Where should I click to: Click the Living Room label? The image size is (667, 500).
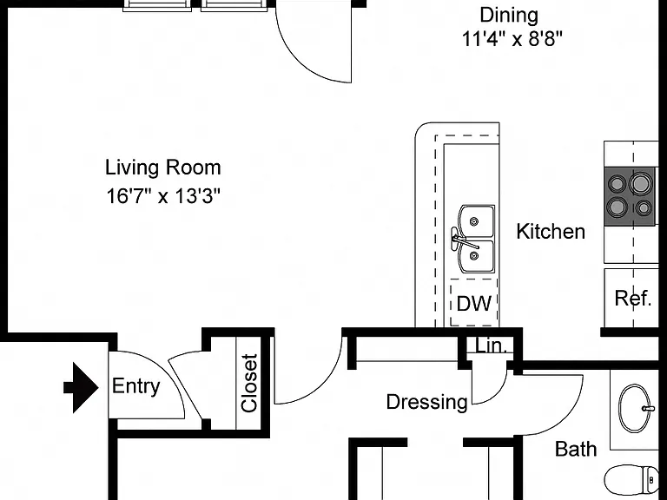click(x=163, y=168)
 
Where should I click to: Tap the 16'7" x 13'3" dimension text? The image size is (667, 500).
click(x=163, y=196)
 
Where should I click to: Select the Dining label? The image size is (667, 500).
click(x=509, y=16)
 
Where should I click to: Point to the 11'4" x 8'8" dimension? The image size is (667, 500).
click(x=512, y=40)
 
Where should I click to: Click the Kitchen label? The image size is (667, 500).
click(x=551, y=232)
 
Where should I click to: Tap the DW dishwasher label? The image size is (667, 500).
click(x=474, y=303)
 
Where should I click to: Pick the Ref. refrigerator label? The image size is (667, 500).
click(x=633, y=298)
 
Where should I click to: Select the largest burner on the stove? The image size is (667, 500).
click(x=640, y=184)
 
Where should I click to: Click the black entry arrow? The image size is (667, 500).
click(x=82, y=388)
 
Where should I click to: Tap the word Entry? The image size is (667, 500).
click(x=135, y=386)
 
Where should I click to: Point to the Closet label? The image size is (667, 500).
click(x=249, y=383)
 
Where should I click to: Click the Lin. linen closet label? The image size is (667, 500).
click(x=492, y=346)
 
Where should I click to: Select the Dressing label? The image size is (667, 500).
click(x=426, y=402)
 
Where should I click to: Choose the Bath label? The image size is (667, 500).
click(x=576, y=449)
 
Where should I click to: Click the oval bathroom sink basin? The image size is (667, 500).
click(x=635, y=409)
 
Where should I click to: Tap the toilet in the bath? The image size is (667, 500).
click(x=631, y=482)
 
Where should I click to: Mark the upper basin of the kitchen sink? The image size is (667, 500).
click(x=477, y=221)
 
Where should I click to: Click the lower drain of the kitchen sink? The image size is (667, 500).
click(x=474, y=255)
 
